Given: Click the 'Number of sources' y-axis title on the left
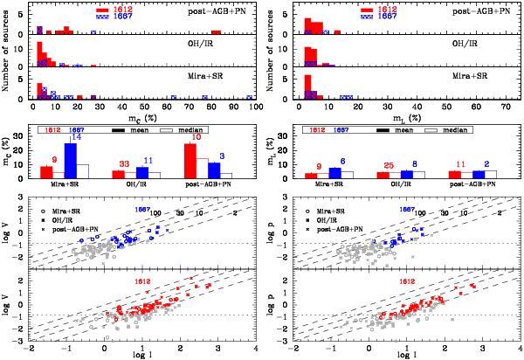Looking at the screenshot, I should (9, 52).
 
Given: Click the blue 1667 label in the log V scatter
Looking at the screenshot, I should (142, 211).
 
